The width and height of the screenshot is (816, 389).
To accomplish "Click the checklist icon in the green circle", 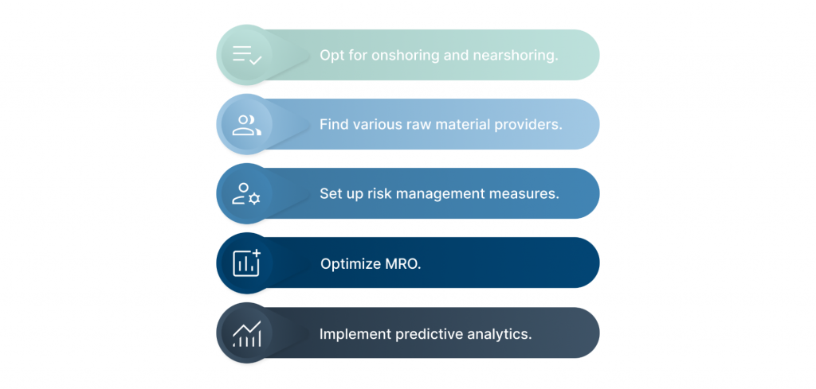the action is [247, 55].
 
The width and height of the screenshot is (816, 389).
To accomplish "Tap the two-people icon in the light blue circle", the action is [247, 125].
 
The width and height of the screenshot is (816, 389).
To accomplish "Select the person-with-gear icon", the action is [246, 194].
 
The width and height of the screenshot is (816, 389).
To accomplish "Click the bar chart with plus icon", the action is [247, 263].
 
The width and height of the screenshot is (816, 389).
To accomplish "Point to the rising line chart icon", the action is [247, 333].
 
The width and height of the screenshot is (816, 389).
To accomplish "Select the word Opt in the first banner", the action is [331, 56].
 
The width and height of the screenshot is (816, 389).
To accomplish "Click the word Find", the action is [333, 125].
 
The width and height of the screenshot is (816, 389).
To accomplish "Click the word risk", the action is [380, 194].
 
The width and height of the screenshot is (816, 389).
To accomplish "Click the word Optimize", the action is [351, 264].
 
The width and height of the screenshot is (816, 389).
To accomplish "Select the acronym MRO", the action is [403, 264].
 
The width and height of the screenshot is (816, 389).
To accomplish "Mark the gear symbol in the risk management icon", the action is [254, 198].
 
